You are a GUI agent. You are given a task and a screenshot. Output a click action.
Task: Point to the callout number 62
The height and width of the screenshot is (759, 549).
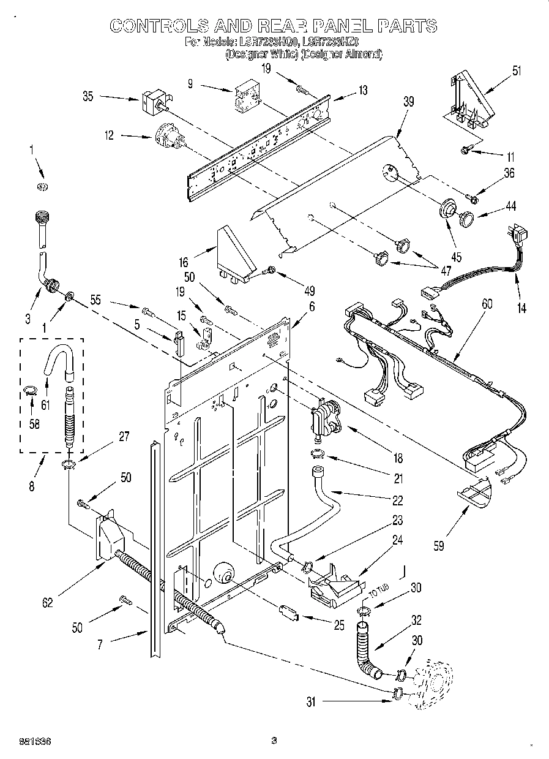(47, 602)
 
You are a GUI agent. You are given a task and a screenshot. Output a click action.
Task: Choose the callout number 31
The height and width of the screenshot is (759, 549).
(311, 703)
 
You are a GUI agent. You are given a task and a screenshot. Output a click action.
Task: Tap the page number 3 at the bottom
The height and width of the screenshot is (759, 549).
(274, 741)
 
